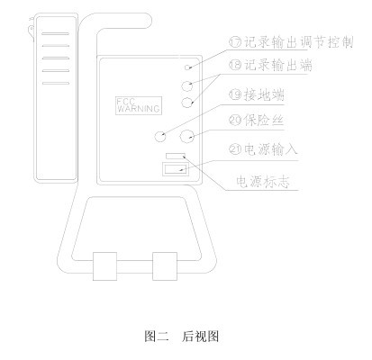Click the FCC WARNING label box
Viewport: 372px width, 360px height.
pyautogui.click(x=139, y=105)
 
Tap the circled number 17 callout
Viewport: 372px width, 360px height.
pyautogui.click(x=235, y=42)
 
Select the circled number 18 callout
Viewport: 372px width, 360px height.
pyautogui.click(x=235, y=65)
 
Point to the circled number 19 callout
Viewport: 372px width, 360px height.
pyautogui.click(x=235, y=94)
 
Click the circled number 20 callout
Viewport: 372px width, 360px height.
pyautogui.click(x=235, y=121)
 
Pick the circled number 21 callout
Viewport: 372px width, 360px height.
pyautogui.click(x=235, y=149)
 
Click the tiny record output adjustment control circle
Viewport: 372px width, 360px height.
pyautogui.click(x=188, y=67)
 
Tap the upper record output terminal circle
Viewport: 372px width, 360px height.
pyautogui.click(x=187, y=85)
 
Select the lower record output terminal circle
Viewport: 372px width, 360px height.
pyautogui.click(x=187, y=103)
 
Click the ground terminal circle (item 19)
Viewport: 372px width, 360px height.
pyautogui.click(x=160, y=137)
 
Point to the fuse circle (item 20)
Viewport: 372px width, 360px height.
pyautogui.click(x=186, y=137)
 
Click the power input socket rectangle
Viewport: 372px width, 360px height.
pyautogui.click(x=175, y=169)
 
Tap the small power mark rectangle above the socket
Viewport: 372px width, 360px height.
pyautogui.click(x=176, y=156)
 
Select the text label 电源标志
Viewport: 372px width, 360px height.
pyautogui.click(x=263, y=181)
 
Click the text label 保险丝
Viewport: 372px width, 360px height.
pyautogui.click(x=264, y=121)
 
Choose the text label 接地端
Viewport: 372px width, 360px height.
pyautogui.click(x=264, y=94)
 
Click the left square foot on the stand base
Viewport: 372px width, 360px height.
pyautogui.click(x=104, y=266)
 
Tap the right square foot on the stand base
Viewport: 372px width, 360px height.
pyautogui.click(x=165, y=266)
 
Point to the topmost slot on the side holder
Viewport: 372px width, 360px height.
pyautogui.click(x=55, y=33)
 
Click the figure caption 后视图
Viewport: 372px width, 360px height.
pyautogui.click(x=200, y=337)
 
